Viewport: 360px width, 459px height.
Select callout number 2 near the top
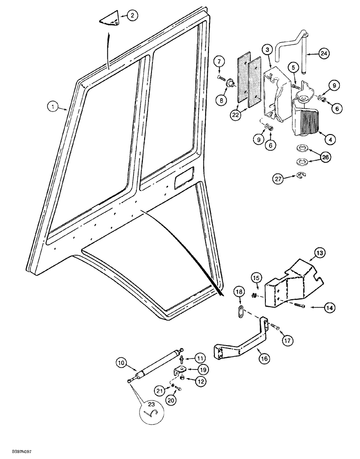click(x=131, y=16)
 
